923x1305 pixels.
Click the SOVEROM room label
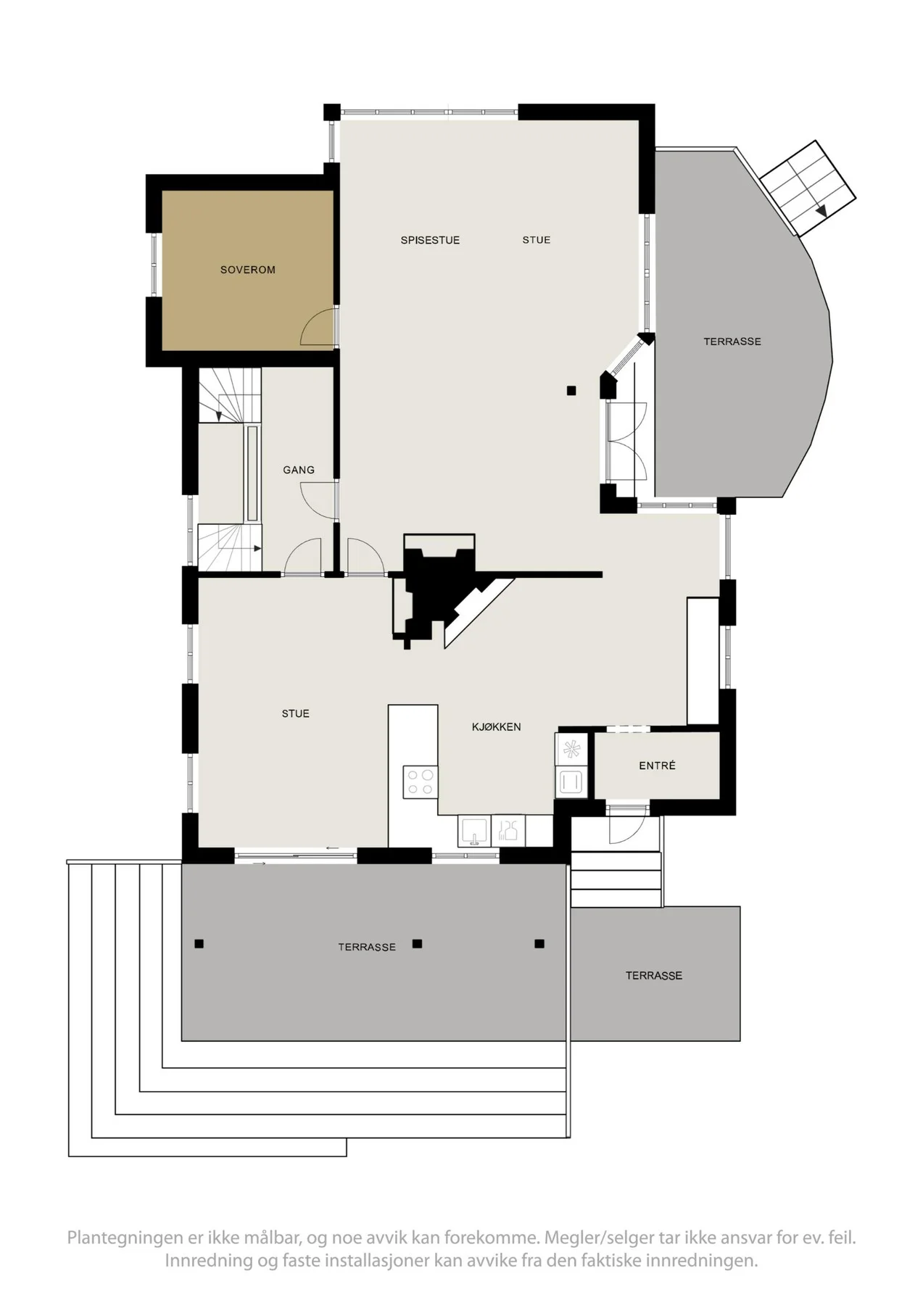click(248, 270)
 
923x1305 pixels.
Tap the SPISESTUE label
click(430, 240)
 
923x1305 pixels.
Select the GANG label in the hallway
click(299, 470)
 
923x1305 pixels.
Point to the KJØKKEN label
click(497, 726)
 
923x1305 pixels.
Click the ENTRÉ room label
click(658, 765)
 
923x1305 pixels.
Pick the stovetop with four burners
click(421, 782)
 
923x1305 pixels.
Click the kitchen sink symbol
click(474, 832)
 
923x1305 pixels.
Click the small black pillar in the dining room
click(571, 391)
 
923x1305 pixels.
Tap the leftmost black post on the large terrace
click(199, 944)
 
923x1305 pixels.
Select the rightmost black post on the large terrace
click(539, 944)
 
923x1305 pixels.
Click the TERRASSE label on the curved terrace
click(732, 341)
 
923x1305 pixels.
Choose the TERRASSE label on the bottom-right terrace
click(654, 976)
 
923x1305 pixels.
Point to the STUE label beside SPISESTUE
click(537, 240)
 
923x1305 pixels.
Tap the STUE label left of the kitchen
click(296, 714)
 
